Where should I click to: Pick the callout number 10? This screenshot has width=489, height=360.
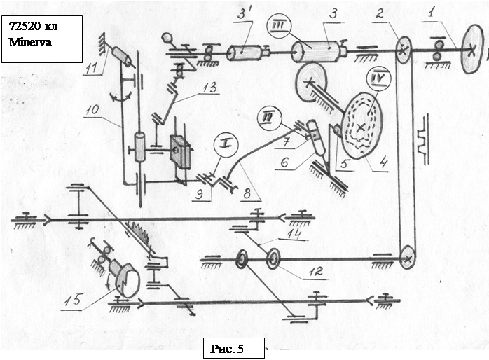coord(95,112)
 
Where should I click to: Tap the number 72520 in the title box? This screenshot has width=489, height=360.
coord(26,28)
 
